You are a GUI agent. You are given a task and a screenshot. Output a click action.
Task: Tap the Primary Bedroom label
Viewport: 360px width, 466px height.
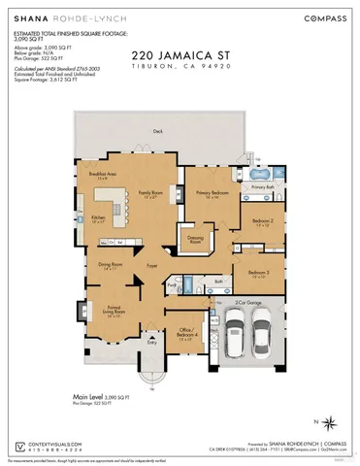213,194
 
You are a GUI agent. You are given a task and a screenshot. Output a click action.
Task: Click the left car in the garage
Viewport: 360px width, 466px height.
235,340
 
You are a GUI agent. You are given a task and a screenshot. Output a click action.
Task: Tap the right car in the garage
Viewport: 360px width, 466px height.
262,340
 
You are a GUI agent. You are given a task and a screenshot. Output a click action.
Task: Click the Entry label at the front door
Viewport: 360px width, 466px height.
151,342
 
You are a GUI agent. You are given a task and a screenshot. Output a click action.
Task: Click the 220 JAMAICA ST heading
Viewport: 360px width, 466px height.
179,58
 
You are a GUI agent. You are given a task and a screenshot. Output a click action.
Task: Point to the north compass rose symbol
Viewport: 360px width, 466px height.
330,422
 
